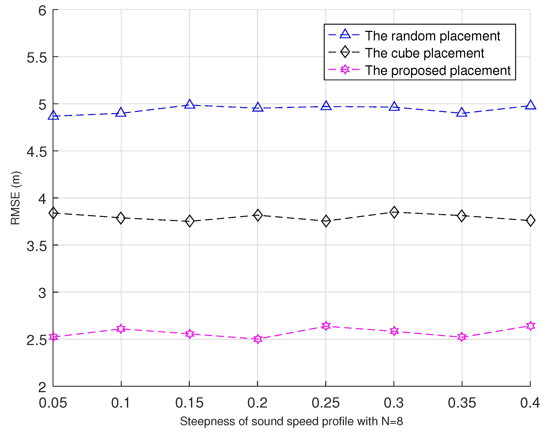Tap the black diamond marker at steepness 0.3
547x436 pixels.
point(394,212)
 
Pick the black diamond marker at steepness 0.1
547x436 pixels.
point(121,218)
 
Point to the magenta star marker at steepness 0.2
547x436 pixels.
point(257,339)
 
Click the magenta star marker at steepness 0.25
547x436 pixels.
point(326,326)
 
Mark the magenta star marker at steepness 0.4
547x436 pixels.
point(530,326)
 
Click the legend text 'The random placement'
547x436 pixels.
point(432,36)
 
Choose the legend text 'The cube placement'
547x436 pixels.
point(424,53)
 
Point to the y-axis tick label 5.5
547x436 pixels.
point(37,58)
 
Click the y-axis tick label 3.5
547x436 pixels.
point(37,246)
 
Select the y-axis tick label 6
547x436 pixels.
point(42,11)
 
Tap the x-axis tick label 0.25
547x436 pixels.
point(325,403)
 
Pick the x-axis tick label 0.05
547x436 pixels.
point(53,403)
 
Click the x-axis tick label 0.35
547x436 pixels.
point(462,403)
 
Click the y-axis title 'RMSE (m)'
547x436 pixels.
point(16,198)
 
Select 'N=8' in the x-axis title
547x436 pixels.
point(392,421)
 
